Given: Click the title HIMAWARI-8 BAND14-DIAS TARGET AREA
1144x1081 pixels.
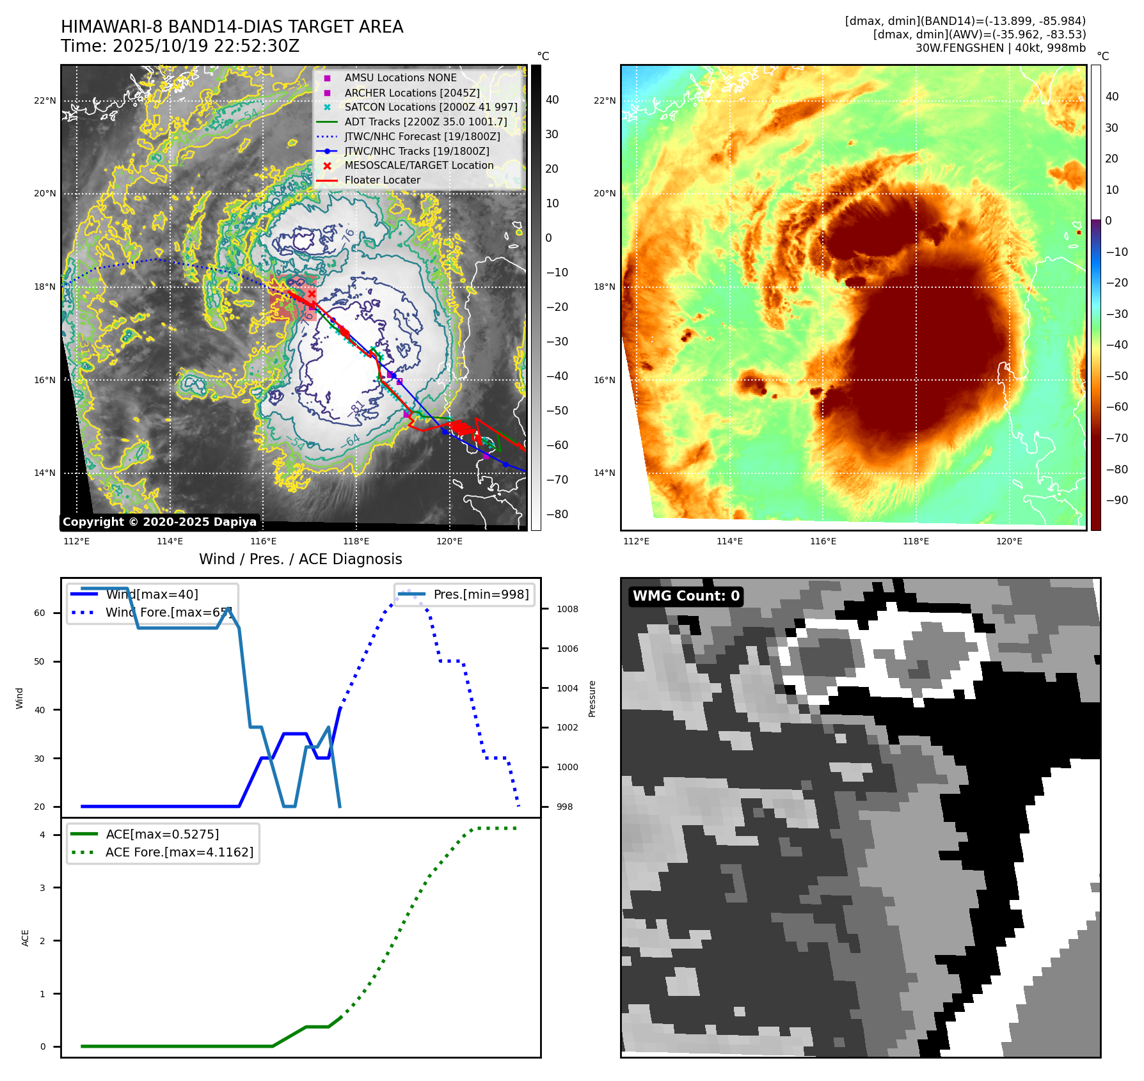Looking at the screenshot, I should (x=232, y=27).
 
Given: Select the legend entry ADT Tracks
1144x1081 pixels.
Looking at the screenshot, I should (x=425, y=122).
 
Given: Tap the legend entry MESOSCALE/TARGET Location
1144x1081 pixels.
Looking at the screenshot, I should (x=419, y=165).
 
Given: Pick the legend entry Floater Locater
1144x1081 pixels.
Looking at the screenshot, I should (x=383, y=180).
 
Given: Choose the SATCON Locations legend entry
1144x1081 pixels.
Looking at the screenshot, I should (x=431, y=107).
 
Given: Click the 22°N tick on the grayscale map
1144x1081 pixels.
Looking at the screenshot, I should (x=45, y=100).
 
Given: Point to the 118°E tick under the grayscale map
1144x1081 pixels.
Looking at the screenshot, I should (x=356, y=541).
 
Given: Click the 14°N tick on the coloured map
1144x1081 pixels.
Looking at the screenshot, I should (x=605, y=473).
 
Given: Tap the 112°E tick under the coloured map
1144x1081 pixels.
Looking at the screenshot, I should (x=636, y=541).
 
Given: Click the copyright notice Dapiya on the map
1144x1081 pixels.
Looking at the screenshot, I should (x=159, y=522).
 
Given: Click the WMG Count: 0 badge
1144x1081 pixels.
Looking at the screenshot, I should (x=686, y=596).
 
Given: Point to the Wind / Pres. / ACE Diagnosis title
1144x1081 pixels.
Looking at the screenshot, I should (x=301, y=559).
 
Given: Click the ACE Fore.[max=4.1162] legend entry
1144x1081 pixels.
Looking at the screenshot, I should (x=179, y=852).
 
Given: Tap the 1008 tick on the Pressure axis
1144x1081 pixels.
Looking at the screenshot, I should (x=568, y=609).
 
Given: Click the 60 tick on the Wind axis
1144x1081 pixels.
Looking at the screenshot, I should (x=40, y=613).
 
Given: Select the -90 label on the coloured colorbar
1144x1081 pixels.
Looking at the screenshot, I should (x=1116, y=500).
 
